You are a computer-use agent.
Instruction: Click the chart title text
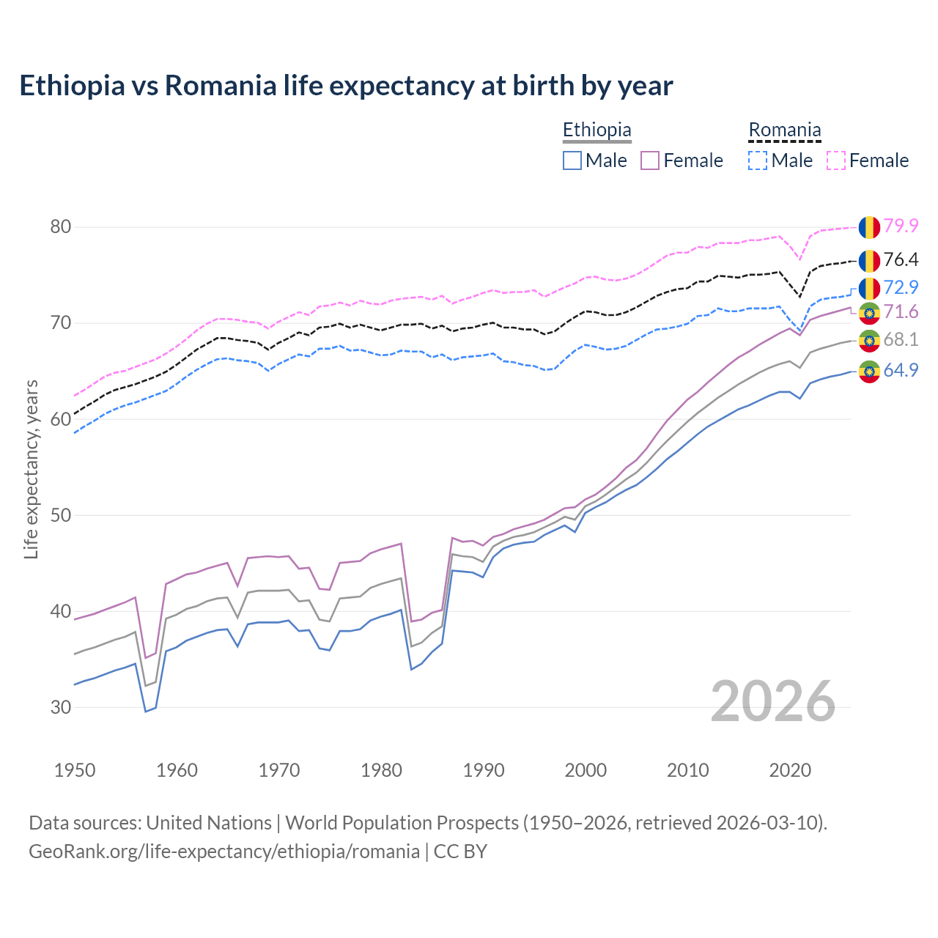[346, 86]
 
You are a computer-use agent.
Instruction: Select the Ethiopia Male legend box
[572, 160]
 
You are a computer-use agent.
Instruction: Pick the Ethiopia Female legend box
[650, 160]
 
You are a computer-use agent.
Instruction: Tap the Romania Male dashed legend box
[758, 160]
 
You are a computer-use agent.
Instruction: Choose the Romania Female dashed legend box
[836, 160]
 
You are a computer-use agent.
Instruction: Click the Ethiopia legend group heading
[597, 130]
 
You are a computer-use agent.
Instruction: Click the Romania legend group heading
[784, 130]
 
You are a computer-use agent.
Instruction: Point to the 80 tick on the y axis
[61, 226]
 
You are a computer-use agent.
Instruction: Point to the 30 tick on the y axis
[61, 707]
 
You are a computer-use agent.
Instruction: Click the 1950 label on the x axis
[75, 770]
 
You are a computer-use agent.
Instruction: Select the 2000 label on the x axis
[586, 770]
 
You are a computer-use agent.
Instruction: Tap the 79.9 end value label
[901, 226]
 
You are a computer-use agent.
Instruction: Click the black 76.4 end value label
[901, 259]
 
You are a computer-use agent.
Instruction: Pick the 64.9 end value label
[901, 370]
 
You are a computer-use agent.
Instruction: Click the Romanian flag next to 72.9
[869, 287]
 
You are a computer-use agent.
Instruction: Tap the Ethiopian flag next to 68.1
[869, 340]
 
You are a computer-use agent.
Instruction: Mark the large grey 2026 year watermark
[773, 701]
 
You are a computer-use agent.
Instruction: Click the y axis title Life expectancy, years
[32, 469]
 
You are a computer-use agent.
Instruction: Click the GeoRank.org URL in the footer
[224, 852]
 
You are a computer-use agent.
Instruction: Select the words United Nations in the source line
[209, 823]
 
